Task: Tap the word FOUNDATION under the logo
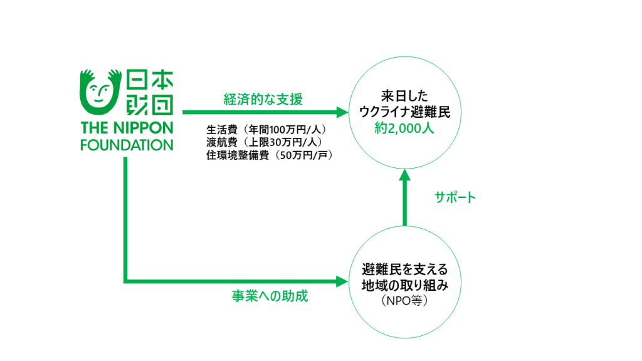point(127,145)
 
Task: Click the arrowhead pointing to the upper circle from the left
point(342,113)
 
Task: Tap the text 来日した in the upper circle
point(404,97)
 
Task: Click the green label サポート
point(456,197)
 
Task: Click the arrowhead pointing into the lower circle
point(342,281)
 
